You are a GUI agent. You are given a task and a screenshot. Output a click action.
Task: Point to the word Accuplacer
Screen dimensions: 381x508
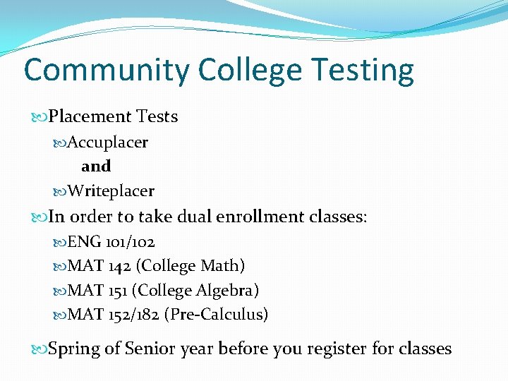pyautogui.click(x=108, y=143)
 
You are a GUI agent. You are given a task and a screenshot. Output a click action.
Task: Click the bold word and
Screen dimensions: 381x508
pyautogui.click(x=96, y=167)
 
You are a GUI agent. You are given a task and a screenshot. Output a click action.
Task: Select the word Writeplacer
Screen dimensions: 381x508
pyautogui.click(x=111, y=191)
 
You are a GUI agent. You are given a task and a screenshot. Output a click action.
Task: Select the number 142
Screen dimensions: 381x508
pyautogui.click(x=119, y=266)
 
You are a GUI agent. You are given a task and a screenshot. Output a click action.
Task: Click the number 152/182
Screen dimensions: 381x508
pyautogui.click(x=133, y=315)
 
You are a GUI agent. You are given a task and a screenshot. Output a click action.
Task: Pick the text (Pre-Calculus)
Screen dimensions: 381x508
pyautogui.click(x=216, y=315)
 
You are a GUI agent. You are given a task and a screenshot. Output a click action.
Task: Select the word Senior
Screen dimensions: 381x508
pyautogui.click(x=150, y=349)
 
